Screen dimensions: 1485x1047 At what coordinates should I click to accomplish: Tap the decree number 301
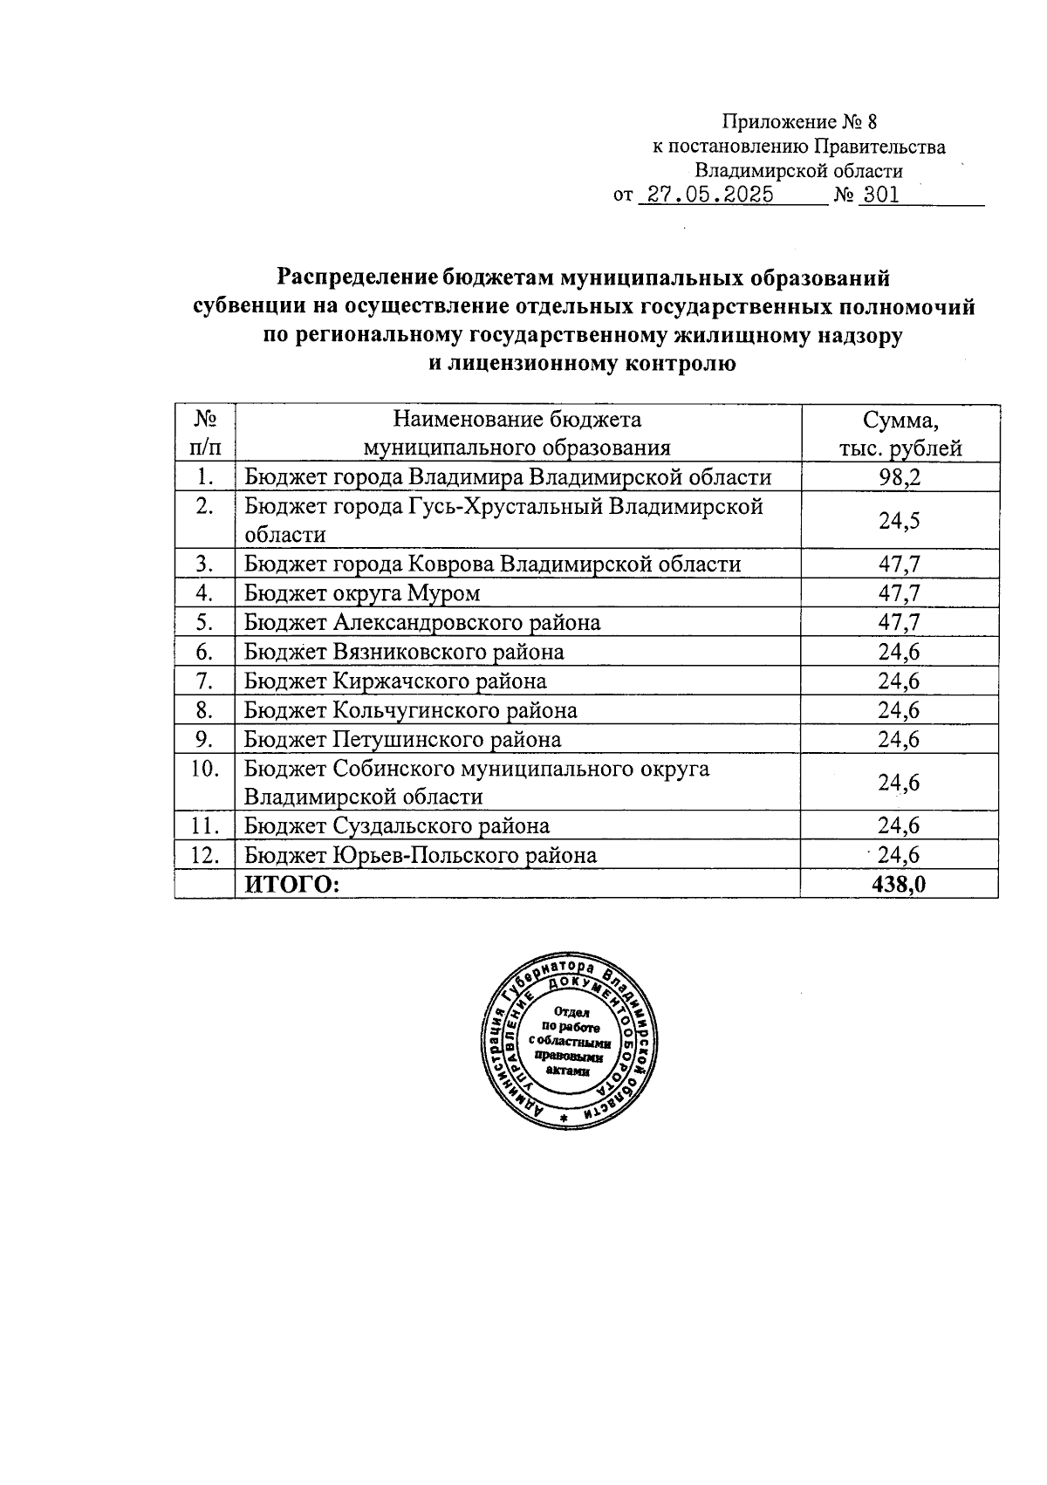pos(879,195)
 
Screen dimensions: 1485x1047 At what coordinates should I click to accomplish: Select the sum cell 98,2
pos(900,477)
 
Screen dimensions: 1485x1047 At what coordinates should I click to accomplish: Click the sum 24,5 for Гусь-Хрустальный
pos(900,521)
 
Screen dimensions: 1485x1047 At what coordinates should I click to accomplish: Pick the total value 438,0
pos(899,885)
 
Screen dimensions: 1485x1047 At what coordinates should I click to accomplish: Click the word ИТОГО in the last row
pos(291,885)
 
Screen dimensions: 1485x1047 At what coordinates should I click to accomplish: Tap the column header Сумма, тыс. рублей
pos(900,434)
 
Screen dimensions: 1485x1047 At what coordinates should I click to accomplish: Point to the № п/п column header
pos(204,434)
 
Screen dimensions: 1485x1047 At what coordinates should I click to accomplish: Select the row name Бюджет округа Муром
pos(362,594)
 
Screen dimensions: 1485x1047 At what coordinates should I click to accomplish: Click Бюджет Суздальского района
pos(397,826)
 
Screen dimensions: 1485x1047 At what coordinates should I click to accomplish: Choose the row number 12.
pos(204,855)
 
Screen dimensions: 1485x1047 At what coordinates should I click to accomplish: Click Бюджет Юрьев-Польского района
pos(421,855)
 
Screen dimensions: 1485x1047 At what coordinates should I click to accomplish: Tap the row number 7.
pos(204,681)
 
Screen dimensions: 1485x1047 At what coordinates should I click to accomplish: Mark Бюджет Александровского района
pos(422,623)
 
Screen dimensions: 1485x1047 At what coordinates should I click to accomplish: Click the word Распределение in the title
pos(356,278)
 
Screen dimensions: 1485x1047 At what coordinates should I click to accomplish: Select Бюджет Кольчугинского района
pos(410,710)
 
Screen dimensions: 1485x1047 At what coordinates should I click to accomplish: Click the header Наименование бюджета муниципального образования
pos(517,434)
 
